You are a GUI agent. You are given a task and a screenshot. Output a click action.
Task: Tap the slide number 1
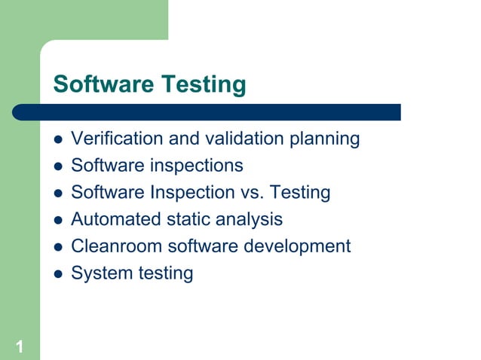click(x=19, y=346)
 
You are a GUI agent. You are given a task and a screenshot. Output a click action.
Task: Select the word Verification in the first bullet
click(x=106, y=139)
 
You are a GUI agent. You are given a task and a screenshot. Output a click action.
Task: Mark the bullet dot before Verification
click(x=57, y=140)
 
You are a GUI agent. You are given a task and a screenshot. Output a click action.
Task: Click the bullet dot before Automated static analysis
click(x=57, y=221)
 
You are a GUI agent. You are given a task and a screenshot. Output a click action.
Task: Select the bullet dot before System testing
click(x=57, y=274)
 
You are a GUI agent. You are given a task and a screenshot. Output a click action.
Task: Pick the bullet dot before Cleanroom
click(x=57, y=247)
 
